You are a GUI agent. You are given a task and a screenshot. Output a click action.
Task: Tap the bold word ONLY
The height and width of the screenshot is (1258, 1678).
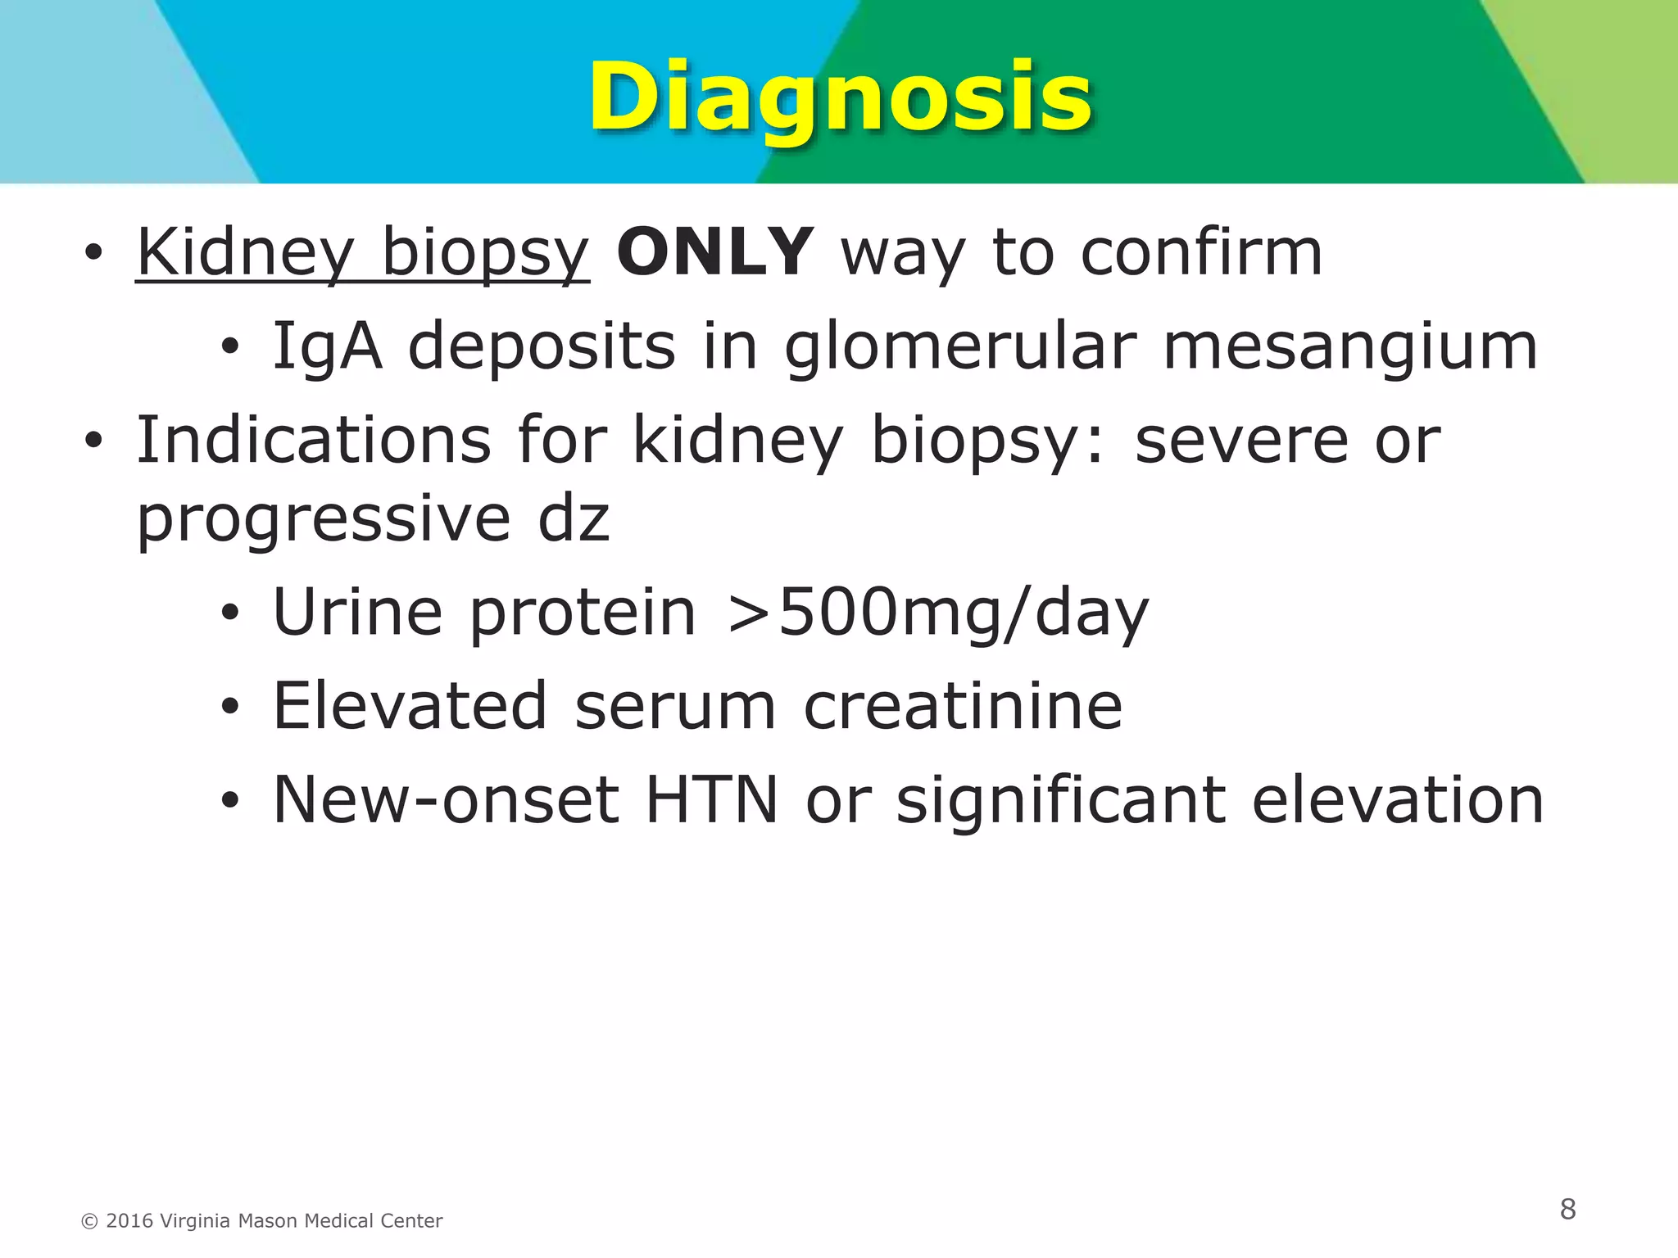click(x=715, y=252)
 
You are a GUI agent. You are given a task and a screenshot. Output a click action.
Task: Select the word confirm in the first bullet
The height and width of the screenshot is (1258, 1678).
click(x=1201, y=252)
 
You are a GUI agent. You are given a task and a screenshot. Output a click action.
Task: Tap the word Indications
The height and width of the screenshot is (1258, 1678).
click(x=314, y=441)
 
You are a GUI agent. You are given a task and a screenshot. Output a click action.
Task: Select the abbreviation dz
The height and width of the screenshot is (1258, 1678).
click(x=574, y=519)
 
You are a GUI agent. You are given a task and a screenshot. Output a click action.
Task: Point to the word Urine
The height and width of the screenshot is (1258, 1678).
click(x=357, y=613)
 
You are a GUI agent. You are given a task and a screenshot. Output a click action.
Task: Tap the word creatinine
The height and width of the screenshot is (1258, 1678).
click(x=963, y=706)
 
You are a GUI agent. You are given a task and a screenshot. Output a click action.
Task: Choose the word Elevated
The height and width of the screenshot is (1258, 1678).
click(x=410, y=706)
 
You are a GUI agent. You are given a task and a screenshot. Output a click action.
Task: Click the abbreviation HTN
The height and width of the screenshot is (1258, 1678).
click(x=711, y=800)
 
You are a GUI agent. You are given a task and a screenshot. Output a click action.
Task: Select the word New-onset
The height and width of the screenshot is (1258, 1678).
click(x=446, y=800)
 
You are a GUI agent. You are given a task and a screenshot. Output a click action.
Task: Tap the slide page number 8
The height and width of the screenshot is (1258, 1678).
click(x=1567, y=1209)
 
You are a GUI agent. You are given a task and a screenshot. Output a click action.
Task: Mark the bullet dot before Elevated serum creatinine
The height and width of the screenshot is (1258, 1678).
click(x=229, y=706)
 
